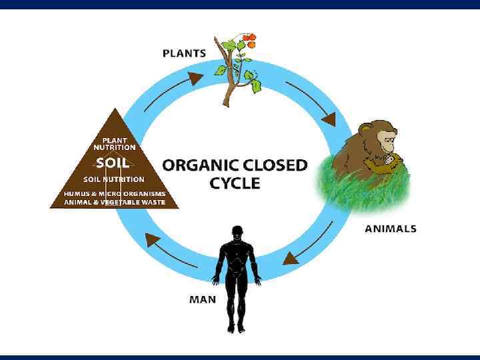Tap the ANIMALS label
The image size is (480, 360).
[391, 229]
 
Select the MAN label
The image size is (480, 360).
[203, 299]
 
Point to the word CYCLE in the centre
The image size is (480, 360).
[235, 183]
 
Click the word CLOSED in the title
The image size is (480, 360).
[275, 165]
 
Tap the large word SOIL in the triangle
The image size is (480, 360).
[113, 163]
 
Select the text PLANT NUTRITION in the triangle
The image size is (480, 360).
[114, 143]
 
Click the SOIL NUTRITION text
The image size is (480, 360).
[113, 179]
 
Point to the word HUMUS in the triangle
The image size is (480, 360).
[78, 193]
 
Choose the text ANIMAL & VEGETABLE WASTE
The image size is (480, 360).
[114, 202]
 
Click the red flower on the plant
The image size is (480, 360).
[249, 39]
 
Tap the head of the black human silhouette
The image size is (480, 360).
[236, 233]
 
